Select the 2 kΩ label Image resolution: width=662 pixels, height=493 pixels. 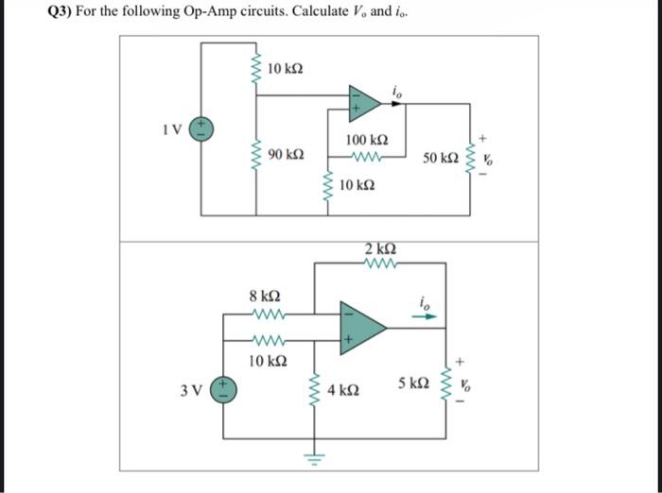pos(379,248)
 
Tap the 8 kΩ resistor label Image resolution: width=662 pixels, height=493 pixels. pos(264,296)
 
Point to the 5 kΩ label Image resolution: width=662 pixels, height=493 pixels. pos(414,383)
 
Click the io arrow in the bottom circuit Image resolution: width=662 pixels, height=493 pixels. pos(429,316)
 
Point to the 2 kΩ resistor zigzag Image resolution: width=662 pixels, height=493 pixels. pos(379,264)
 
